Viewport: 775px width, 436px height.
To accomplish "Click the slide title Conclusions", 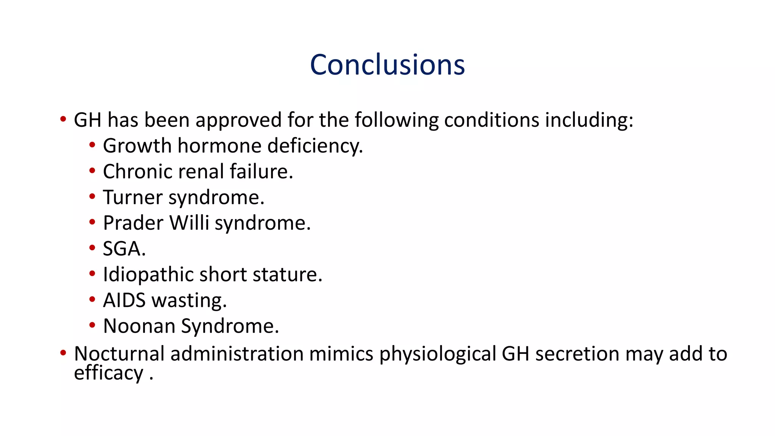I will pos(387,65).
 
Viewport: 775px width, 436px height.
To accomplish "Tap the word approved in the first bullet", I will pos(238,120).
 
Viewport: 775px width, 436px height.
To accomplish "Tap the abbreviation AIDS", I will pos(124,301).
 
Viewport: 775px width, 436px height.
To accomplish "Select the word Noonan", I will pos(139,326).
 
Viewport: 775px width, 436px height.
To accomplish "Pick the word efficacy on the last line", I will pos(109,373).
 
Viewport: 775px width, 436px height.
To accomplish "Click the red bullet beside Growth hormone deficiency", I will pos(92,145).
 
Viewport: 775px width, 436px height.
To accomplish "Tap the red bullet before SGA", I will pos(92,248).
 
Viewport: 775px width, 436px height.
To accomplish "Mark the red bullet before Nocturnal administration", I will pos(63,353).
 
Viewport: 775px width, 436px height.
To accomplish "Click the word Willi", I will pos(189,223).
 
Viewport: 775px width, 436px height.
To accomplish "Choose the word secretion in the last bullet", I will pos(577,354).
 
